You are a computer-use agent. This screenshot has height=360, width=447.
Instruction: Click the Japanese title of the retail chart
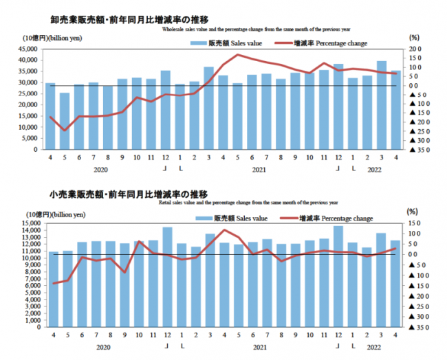tap(113, 194)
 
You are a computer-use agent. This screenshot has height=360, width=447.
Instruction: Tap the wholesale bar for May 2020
tap(65, 121)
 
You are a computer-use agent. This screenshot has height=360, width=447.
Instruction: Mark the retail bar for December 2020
tap(166, 281)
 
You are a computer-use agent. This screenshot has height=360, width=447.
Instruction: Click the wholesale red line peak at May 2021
tap(239, 55)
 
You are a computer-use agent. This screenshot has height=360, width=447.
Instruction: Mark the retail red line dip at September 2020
tap(124, 272)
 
